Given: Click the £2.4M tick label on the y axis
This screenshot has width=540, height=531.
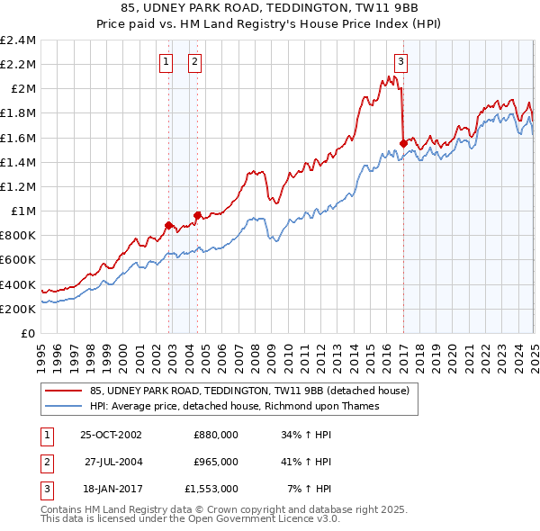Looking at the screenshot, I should point(18,40).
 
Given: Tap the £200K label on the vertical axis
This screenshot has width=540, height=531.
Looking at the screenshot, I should point(18,309).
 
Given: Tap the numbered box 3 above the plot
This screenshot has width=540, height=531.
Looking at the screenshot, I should point(400,62).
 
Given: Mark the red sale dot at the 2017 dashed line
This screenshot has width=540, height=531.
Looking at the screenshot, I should point(403,143).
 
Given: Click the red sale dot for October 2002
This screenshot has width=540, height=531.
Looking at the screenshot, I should point(168,225).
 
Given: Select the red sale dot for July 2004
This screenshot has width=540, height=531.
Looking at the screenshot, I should point(197,215).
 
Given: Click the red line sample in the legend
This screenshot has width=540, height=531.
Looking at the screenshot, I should point(63,391).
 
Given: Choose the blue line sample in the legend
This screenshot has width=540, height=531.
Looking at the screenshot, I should point(63,406).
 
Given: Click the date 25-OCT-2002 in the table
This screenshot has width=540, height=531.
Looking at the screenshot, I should point(111,434).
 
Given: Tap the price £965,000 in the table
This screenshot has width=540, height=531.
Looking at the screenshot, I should point(216,462).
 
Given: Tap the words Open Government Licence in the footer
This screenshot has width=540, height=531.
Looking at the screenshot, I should point(258,519).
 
